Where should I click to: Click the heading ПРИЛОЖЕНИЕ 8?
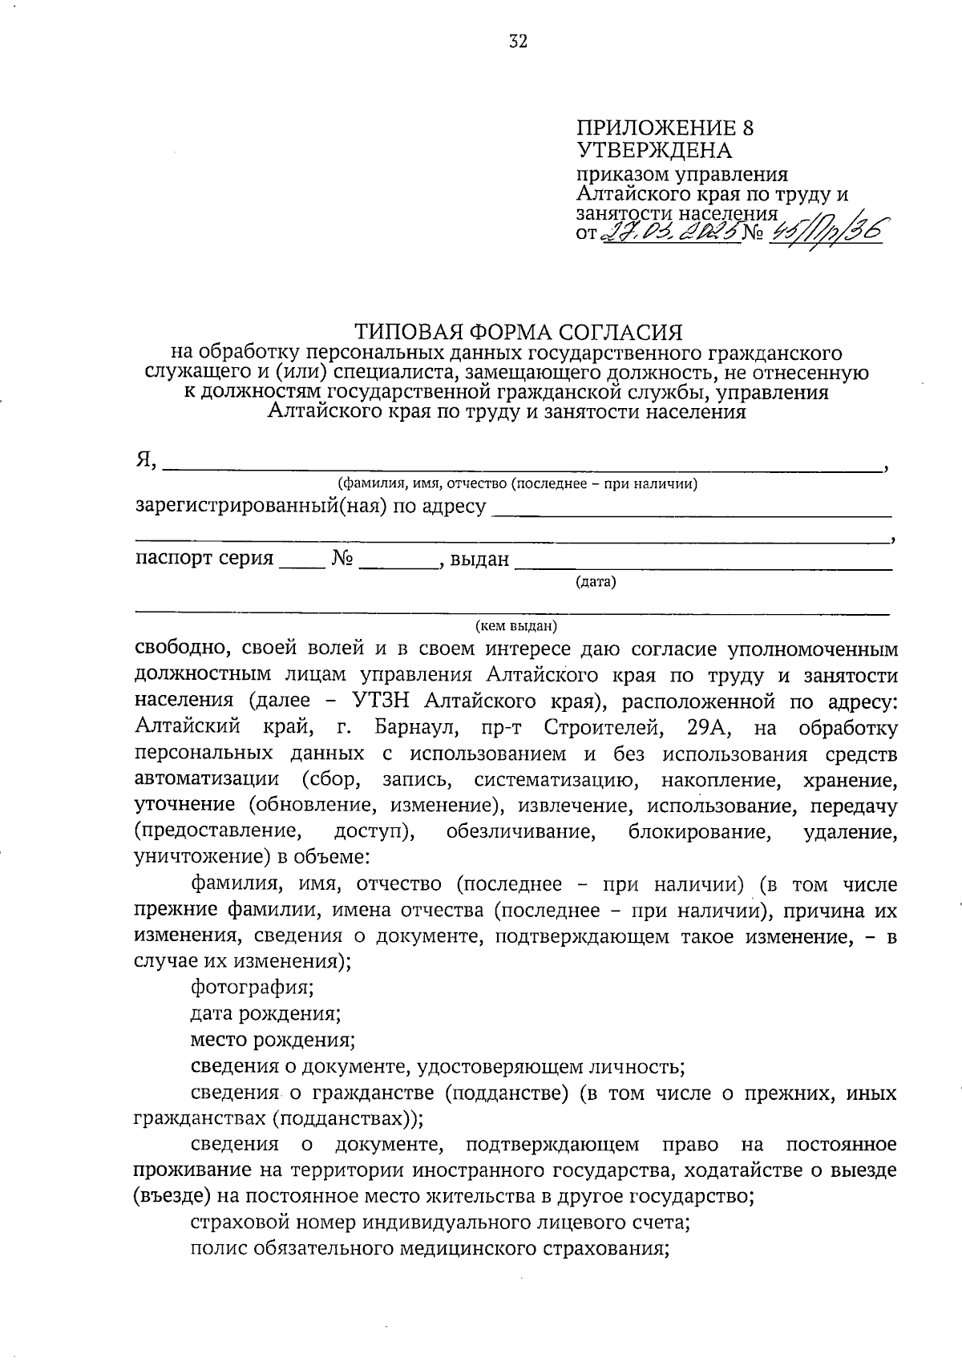665,128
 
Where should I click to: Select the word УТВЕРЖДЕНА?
654,150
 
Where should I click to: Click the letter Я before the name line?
144,459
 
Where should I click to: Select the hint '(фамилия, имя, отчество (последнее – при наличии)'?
517,483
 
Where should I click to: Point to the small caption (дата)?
596,582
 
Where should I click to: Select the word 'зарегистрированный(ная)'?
261,507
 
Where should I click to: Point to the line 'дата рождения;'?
265,1013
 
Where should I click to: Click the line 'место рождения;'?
273,1040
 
